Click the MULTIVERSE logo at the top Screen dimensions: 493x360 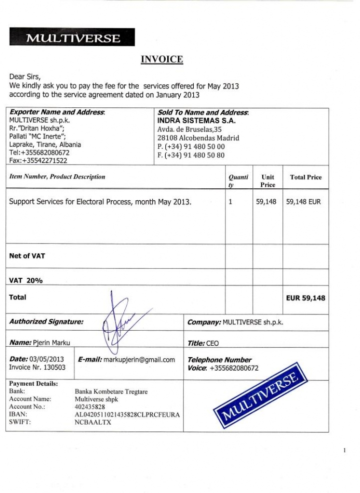72,38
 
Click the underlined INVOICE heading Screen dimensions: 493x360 161,59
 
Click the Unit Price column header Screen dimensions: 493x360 267,181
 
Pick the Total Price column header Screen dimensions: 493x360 306,177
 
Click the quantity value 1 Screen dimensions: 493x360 230,202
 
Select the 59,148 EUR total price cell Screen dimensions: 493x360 303,202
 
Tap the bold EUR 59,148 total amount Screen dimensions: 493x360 306,298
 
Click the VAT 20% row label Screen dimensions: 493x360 26,280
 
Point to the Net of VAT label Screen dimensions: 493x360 27,256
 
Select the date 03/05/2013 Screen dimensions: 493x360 47,359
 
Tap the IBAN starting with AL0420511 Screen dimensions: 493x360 127,414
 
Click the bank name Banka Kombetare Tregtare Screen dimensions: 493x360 111,391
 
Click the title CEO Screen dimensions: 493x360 212,344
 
